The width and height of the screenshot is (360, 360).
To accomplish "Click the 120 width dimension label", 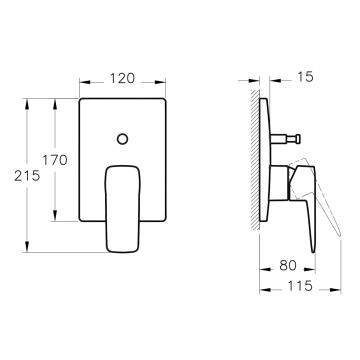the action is pos(122,78).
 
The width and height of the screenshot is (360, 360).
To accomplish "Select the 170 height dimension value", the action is pos(55,160).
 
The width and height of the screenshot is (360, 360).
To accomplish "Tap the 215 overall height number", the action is pos(27,176).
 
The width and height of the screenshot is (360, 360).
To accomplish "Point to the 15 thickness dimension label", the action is pos(305,77).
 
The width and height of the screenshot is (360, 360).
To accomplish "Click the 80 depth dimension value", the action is pos(288,265).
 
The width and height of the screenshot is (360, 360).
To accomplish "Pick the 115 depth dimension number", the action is pos(300,286).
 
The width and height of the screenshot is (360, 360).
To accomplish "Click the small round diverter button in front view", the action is pos(123,139).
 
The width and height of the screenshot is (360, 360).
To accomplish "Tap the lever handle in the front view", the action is pos(122,209).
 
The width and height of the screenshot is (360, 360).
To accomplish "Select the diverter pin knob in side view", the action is pos(297,138).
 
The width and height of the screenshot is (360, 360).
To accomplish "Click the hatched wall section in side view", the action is pos(255,160).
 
